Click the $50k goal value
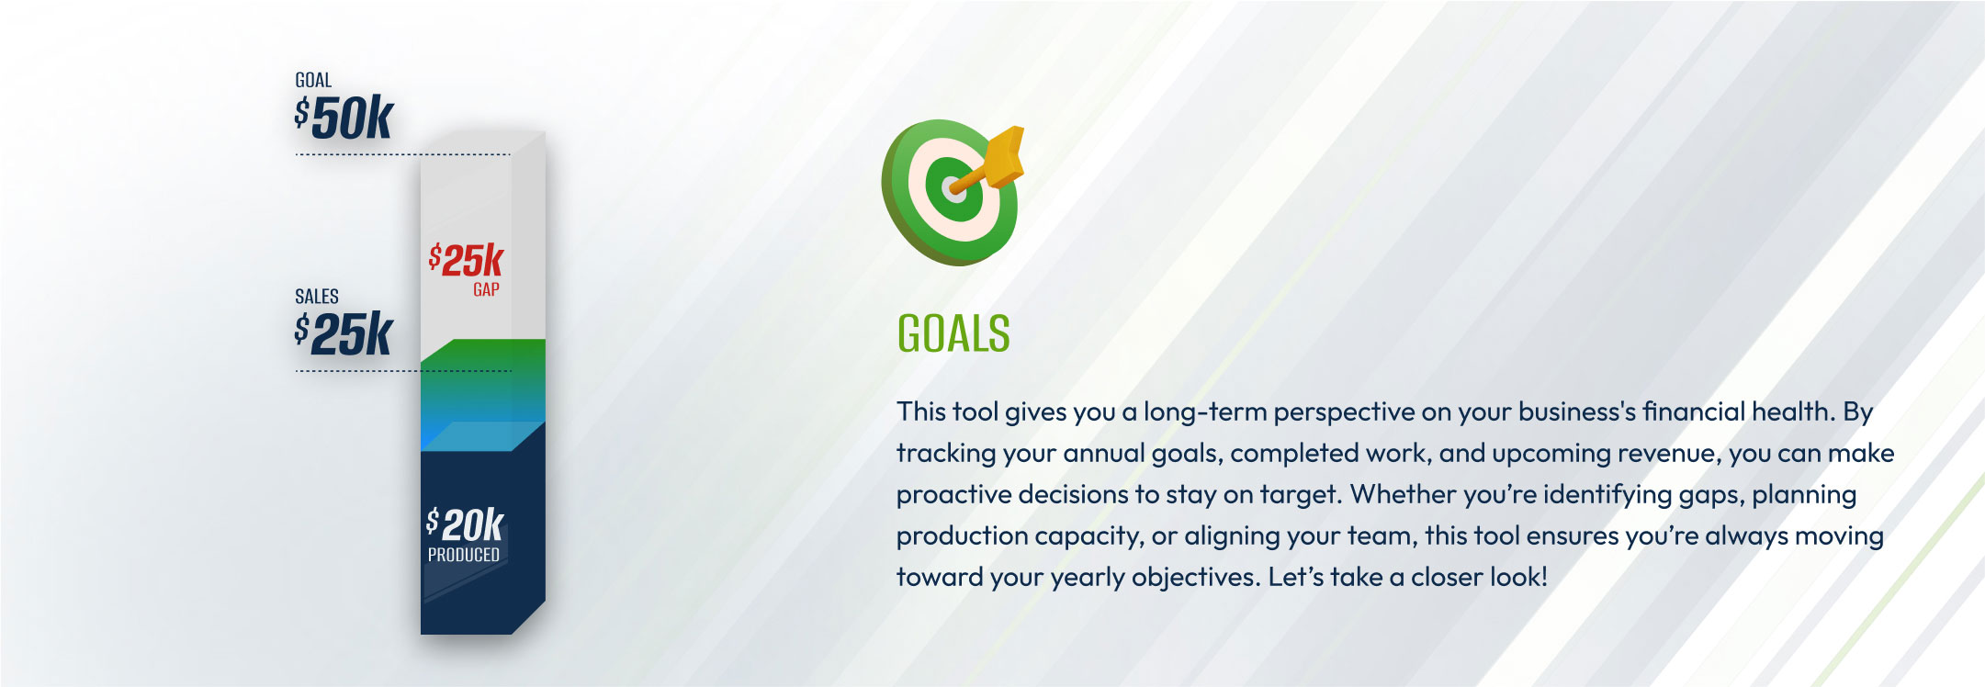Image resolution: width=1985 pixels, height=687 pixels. pyautogui.click(x=344, y=118)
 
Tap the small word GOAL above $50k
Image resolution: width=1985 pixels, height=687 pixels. pyautogui.click(x=313, y=81)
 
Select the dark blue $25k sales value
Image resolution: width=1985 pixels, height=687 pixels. pyautogui.click(x=344, y=333)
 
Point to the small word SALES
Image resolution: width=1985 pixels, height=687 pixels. pyautogui.click(x=317, y=297)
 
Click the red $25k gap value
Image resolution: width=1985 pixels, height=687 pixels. pyautogui.click(x=467, y=260)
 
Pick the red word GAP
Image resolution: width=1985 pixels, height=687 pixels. pyautogui.click(x=486, y=289)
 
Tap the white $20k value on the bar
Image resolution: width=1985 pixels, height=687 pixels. pyautogui.click(x=465, y=524)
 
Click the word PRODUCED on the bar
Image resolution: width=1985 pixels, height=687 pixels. pyautogui.click(x=464, y=555)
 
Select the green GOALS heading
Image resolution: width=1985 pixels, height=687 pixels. pyautogui.click(x=953, y=333)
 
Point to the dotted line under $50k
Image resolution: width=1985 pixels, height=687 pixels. pyautogui.click(x=402, y=154)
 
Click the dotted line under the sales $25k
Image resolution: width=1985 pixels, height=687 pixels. pyautogui.click(x=403, y=371)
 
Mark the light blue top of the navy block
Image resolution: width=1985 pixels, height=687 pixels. pyautogui.click(x=482, y=436)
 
